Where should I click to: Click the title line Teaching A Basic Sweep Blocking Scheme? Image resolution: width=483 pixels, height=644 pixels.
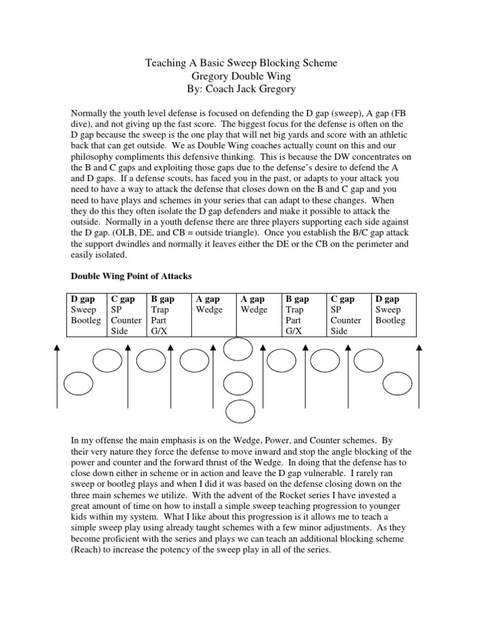click(x=241, y=63)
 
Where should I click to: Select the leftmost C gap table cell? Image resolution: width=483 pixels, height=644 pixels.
click(x=126, y=314)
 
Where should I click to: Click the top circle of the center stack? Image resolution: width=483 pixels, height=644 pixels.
click(x=239, y=349)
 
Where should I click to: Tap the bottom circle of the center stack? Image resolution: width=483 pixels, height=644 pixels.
click(x=239, y=411)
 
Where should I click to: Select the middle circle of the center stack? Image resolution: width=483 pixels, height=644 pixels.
click(x=239, y=382)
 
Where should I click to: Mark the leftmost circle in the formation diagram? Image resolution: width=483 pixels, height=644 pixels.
click(x=79, y=384)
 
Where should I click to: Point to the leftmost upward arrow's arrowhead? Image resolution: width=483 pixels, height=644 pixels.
click(x=57, y=347)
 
